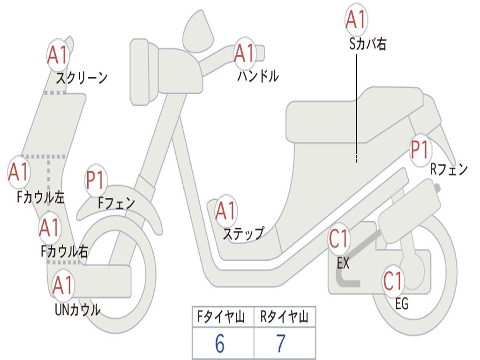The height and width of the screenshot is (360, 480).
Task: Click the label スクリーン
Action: (x=82, y=77)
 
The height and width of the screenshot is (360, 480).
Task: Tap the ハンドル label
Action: (x=257, y=75)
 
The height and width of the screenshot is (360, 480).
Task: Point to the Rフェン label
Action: (x=449, y=170)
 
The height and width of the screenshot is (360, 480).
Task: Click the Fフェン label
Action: (x=116, y=203)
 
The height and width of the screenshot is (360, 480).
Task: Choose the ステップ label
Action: (x=243, y=233)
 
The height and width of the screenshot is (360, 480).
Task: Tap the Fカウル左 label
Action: (x=40, y=197)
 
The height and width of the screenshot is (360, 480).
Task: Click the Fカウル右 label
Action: (x=64, y=252)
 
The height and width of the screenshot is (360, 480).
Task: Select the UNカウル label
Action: (x=77, y=309)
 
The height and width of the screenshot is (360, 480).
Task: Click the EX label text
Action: (x=343, y=263)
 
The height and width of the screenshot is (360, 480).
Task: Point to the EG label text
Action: (x=402, y=304)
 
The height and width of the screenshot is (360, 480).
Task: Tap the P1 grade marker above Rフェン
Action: (x=420, y=150)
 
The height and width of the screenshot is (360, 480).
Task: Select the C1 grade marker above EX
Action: (x=339, y=239)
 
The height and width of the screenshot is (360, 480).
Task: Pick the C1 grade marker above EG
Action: (x=393, y=280)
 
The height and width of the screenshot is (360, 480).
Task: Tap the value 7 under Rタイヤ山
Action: (x=280, y=344)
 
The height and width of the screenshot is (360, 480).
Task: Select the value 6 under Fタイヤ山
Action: (x=219, y=344)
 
